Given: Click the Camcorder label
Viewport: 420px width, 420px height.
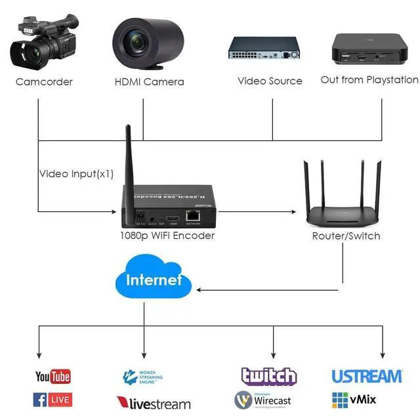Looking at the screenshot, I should click(44, 82).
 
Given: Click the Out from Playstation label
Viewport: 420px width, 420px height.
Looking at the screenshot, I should click(369, 80).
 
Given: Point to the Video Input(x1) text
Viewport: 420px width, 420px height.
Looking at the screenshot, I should click(76, 174).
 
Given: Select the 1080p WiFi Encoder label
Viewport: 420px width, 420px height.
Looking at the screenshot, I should click(167, 236).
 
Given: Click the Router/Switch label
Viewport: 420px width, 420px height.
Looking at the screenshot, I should click(346, 236).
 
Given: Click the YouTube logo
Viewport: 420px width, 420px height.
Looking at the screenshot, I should click(53, 377).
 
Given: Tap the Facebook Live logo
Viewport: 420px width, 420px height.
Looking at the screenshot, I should click(52, 398).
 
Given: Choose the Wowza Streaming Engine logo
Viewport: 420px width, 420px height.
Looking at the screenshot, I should click(143, 377).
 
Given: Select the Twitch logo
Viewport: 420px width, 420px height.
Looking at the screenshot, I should click(268, 376).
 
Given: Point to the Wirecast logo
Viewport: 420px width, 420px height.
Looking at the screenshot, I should click(266, 399).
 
